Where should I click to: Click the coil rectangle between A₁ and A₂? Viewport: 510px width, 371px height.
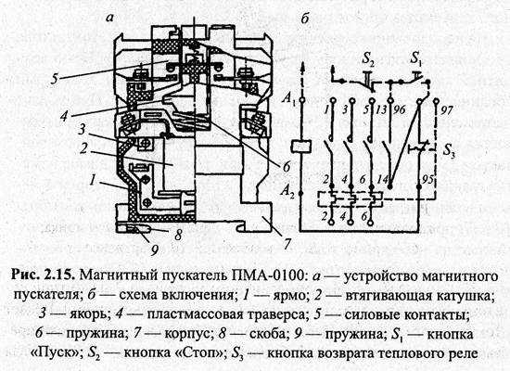(301, 145)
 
